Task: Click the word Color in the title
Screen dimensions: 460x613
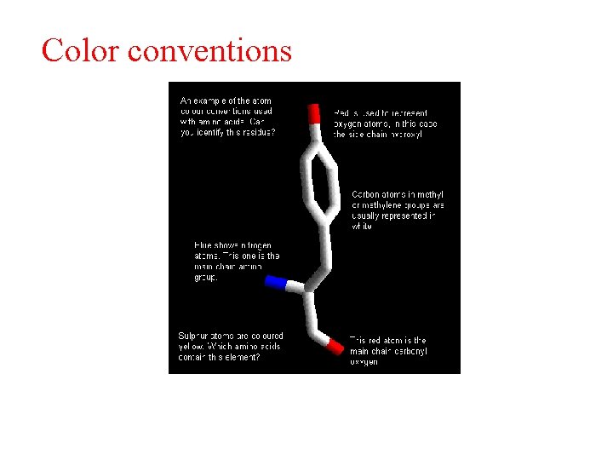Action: (79, 50)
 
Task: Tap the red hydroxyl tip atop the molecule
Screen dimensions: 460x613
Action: (314, 113)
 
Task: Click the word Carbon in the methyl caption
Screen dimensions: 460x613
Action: (367, 195)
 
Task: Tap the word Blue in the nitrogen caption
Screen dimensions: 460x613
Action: (203, 246)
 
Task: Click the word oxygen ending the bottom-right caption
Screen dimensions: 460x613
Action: (364, 362)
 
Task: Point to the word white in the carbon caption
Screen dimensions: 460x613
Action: (362, 227)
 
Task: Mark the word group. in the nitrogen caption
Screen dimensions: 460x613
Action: (206, 277)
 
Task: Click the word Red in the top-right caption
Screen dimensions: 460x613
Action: (341, 113)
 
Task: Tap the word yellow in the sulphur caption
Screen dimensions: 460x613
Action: (190, 347)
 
